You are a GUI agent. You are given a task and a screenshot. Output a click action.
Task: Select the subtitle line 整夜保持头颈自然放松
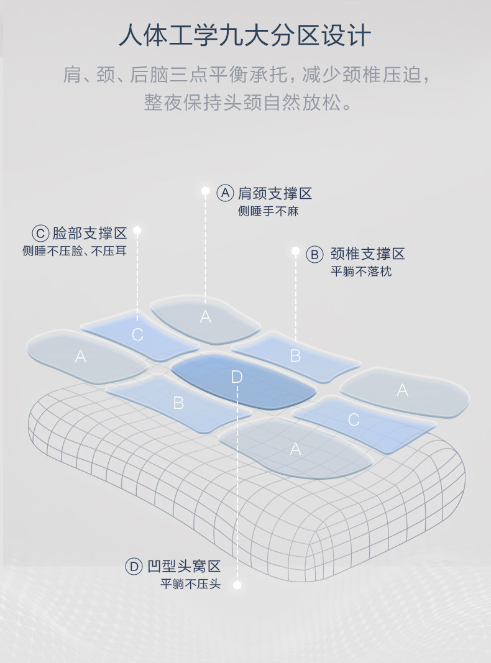pyautogui.click(x=245, y=102)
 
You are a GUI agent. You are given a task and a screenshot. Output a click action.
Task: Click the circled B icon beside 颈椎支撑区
pyautogui.click(x=315, y=254)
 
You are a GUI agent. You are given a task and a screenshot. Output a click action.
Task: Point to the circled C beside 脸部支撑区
pyautogui.click(x=40, y=234)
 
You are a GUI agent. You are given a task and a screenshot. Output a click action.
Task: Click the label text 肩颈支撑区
pyautogui.click(x=275, y=193)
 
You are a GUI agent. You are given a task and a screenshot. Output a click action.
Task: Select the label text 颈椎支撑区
pyautogui.click(x=367, y=254)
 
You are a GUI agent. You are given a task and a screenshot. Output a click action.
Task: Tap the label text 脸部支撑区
pyautogui.click(x=89, y=234)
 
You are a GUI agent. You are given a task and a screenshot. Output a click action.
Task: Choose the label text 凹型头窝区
pyautogui.click(x=184, y=566)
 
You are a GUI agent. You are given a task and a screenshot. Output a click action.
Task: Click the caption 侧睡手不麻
pyautogui.click(x=268, y=211)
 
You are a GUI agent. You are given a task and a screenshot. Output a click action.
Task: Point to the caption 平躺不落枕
pyautogui.click(x=361, y=272)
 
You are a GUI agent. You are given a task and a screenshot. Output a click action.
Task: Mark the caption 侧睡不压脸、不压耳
pyautogui.click(x=75, y=252)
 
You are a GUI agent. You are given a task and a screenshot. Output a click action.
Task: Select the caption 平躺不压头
pyautogui.click(x=190, y=584)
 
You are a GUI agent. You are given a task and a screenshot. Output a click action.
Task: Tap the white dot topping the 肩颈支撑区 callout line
pyautogui.click(x=206, y=190)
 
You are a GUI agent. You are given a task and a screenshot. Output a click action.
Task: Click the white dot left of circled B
pyautogui.click(x=296, y=251)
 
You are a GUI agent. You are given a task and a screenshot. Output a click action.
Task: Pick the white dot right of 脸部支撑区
pyautogui.click(x=137, y=231)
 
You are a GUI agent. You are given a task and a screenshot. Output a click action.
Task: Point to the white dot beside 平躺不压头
pyautogui.click(x=237, y=585)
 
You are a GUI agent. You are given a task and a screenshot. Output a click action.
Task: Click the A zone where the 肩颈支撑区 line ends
pyautogui.click(x=205, y=317)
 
